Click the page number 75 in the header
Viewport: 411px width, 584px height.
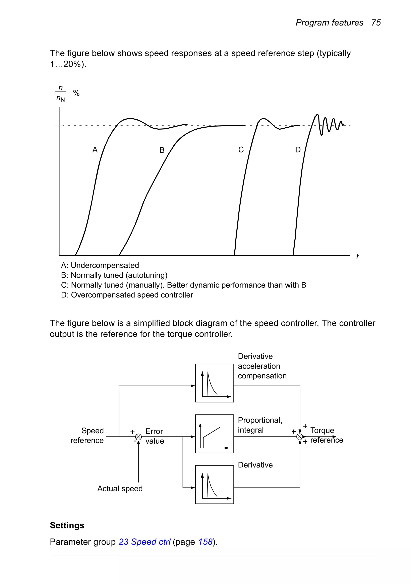(x=376, y=23)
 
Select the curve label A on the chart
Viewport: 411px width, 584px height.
(x=95, y=150)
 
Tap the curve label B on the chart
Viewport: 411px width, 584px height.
(x=162, y=150)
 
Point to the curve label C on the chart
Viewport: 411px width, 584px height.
(x=241, y=150)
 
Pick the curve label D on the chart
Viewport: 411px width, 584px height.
(x=298, y=150)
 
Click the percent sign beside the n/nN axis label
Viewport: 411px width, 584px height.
(x=76, y=93)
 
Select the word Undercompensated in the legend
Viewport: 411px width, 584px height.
(x=105, y=265)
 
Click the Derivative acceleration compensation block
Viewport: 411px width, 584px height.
(x=214, y=383)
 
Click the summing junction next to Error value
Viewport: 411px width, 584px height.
(x=138, y=437)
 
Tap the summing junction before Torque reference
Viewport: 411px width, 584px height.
(x=300, y=437)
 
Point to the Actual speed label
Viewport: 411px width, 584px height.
(x=120, y=489)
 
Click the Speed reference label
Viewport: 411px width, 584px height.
(x=87, y=436)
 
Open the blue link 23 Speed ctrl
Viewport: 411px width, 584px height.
(x=144, y=542)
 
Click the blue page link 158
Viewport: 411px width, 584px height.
(x=205, y=542)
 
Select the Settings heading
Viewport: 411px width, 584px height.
(x=67, y=525)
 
